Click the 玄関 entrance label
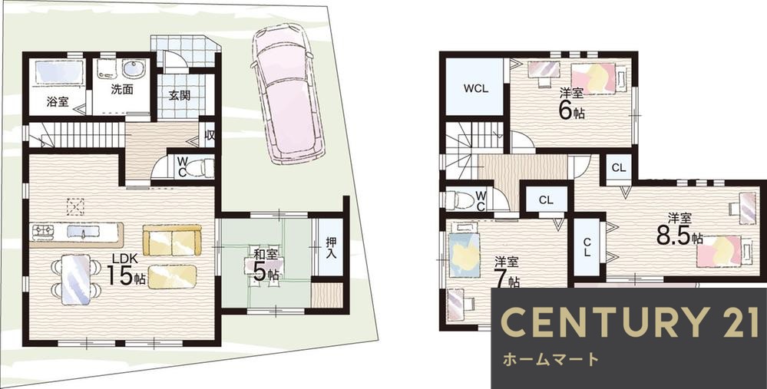180,96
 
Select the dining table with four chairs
75,277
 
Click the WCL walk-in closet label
475,87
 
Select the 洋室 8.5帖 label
677,229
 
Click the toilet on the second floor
459,200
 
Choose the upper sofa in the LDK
172,240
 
